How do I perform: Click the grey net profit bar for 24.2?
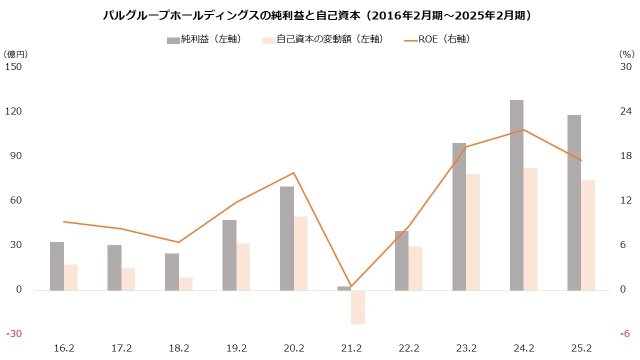coord(516,195)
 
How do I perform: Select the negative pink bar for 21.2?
coord(358,307)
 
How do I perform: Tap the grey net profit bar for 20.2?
coord(286,238)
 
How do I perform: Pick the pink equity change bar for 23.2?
coord(473,232)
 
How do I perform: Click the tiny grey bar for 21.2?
coord(344,288)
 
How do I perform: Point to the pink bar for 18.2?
coord(185,284)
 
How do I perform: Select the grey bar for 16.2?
coord(57,266)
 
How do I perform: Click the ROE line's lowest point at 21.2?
coord(351,286)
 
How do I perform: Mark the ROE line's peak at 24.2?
coord(523,130)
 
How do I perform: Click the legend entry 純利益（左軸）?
coord(204,39)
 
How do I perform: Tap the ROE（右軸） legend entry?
coord(437,39)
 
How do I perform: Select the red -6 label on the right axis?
coord(625,334)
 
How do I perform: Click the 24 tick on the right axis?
coord(625,111)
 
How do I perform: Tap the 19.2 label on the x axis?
coord(236,348)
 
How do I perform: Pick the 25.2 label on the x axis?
coord(581,348)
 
